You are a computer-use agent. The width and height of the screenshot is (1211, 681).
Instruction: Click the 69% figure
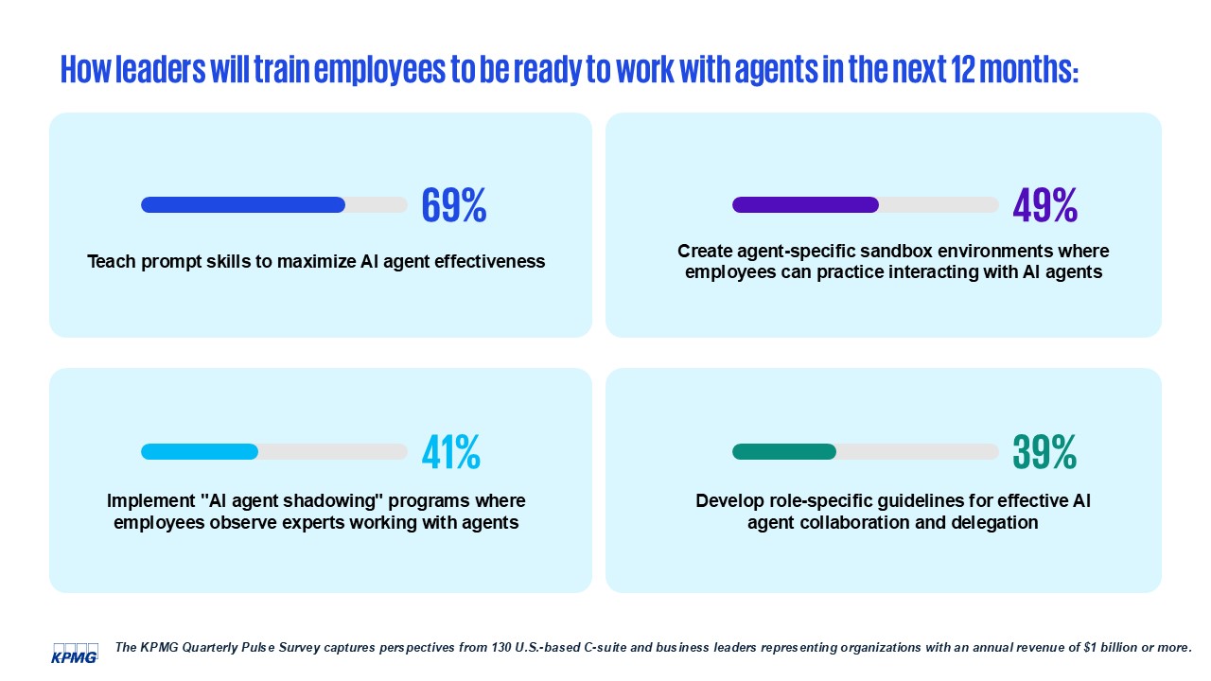pyautogui.click(x=454, y=205)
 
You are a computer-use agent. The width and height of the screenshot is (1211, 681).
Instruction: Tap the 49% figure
pyautogui.click(x=1044, y=205)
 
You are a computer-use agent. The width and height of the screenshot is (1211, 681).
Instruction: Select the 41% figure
pyautogui.click(x=451, y=453)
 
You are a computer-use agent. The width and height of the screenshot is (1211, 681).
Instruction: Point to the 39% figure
pyautogui.click(x=1044, y=453)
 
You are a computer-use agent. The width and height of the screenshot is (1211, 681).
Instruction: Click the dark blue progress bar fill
pyautogui.click(x=243, y=205)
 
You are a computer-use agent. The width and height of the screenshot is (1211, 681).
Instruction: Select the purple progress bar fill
pyautogui.click(x=805, y=205)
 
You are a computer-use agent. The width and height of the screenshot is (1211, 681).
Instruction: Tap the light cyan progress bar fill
pyautogui.click(x=200, y=452)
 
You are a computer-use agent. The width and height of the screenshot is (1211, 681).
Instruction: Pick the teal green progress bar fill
pyautogui.click(x=784, y=452)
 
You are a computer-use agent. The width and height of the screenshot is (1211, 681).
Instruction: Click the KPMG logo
pyautogui.click(x=75, y=653)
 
